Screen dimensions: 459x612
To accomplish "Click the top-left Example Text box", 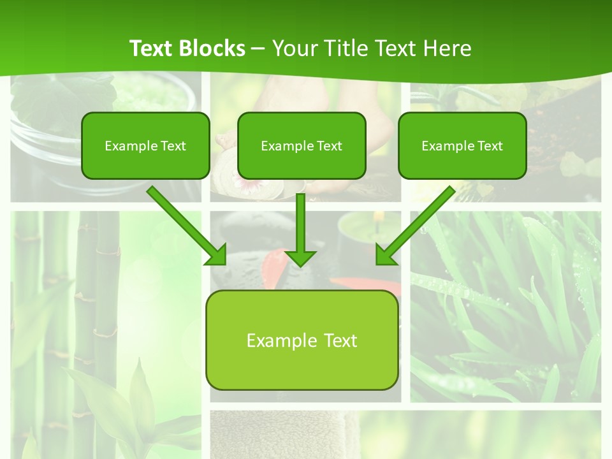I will point(145,145).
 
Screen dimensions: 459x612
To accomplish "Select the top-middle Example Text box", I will point(302,145).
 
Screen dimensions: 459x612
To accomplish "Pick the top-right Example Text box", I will point(462,145).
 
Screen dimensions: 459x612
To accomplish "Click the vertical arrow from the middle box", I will point(301,223).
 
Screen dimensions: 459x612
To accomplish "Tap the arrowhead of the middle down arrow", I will point(301,258).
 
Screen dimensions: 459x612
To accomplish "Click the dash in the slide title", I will point(258,49).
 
